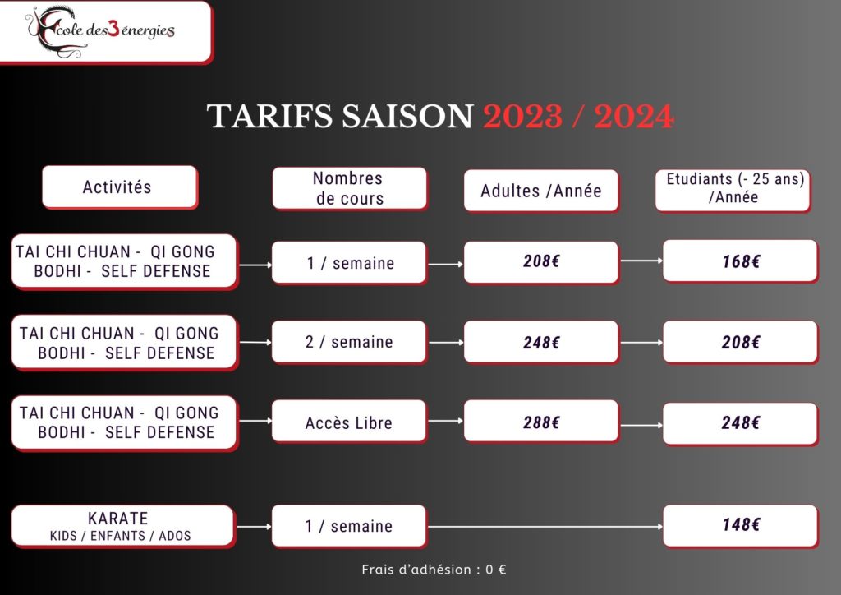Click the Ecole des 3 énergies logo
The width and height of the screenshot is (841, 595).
click(x=99, y=31)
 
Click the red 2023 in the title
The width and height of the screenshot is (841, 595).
click(x=523, y=117)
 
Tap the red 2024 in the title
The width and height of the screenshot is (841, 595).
click(x=634, y=117)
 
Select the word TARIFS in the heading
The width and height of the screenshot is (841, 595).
click(x=269, y=116)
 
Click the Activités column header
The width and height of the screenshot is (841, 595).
click(x=120, y=187)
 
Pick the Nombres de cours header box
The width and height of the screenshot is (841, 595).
click(x=350, y=188)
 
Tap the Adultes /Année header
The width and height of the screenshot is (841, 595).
click(x=541, y=191)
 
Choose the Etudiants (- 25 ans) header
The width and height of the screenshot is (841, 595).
click(x=733, y=191)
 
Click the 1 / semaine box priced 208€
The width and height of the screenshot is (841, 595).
click(x=349, y=262)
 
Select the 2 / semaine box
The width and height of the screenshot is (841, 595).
click(x=349, y=342)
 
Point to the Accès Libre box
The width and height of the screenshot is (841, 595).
click(x=349, y=422)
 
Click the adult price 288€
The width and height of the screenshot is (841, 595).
click(x=541, y=422)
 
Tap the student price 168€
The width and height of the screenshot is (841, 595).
click(x=741, y=261)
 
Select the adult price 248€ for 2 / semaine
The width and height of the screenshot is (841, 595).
click(x=541, y=342)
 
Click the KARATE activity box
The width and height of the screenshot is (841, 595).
click(x=123, y=526)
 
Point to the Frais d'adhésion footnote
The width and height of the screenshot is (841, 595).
click(x=434, y=570)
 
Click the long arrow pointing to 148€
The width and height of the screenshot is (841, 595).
click(x=545, y=526)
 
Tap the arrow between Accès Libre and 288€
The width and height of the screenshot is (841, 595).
click(x=445, y=421)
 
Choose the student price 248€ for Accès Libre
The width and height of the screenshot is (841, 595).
click(x=741, y=423)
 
